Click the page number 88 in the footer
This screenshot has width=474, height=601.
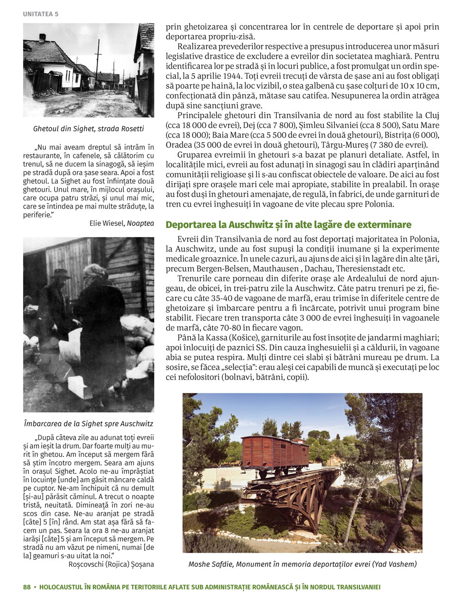click(27, 587)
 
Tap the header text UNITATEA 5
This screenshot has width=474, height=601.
click(41, 14)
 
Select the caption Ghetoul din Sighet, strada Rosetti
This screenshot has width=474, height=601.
click(89, 129)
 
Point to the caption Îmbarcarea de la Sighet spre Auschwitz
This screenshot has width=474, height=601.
click(89, 423)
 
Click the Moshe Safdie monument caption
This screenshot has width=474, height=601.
click(302, 564)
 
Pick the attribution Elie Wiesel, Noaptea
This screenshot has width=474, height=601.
click(122, 223)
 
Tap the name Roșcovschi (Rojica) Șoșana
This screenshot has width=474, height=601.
click(111, 564)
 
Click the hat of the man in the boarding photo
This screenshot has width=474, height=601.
click(61, 273)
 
